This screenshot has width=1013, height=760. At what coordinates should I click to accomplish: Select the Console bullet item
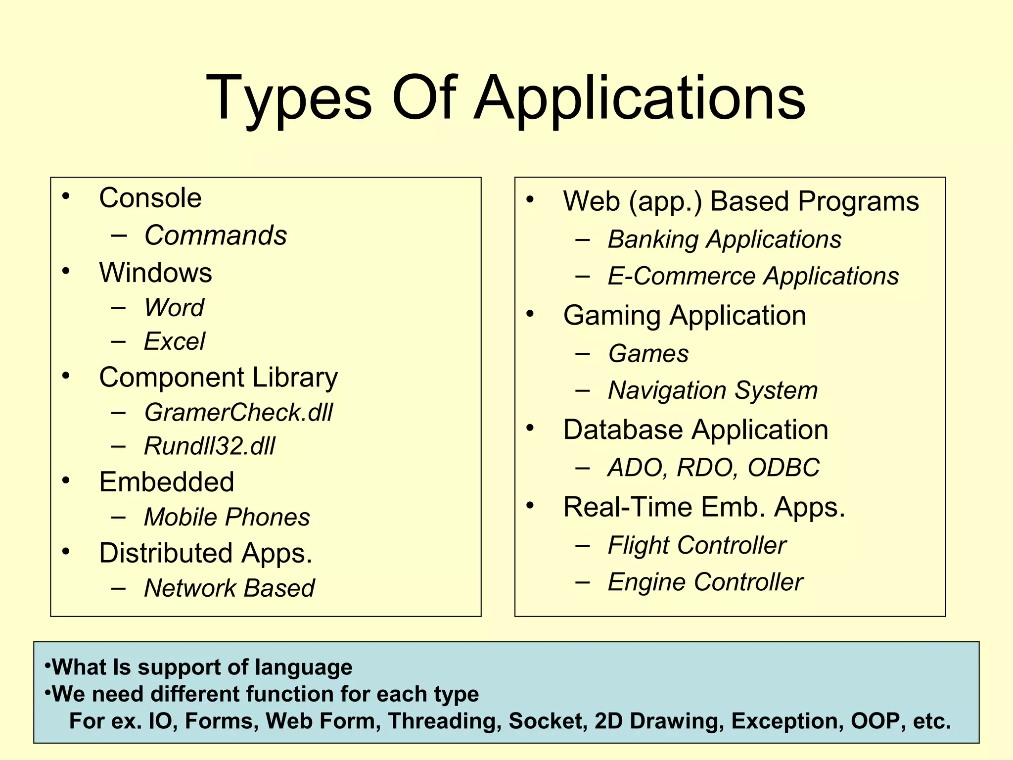click(x=150, y=198)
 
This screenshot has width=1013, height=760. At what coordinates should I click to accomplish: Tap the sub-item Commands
click(x=215, y=235)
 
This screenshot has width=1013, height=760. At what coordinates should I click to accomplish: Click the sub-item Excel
click(x=174, y=341)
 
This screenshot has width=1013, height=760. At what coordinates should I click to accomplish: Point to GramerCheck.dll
click(x=238, y=412)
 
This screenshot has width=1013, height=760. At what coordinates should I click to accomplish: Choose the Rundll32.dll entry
click(x=209, y=446)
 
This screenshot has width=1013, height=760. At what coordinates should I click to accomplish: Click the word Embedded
click(x=167, y=482)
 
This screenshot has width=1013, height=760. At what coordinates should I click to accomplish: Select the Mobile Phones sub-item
click(x=227, y=517)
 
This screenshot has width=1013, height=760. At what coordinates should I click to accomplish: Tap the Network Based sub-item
click(x=229, y=588)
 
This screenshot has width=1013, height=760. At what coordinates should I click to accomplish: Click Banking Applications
click(x=725, y=239)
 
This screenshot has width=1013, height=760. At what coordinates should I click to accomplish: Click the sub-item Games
click(x=648, y=354)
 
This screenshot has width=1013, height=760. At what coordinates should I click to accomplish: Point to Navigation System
click(x=713, y=390)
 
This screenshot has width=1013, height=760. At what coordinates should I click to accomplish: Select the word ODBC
click(x=783, y=468)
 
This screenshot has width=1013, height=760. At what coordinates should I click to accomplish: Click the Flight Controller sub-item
click(x=697, y=545)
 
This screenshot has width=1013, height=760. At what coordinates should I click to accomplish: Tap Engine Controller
click(x=705, y=582)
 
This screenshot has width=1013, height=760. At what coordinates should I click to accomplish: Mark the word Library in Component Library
click(x=295, y=378)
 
